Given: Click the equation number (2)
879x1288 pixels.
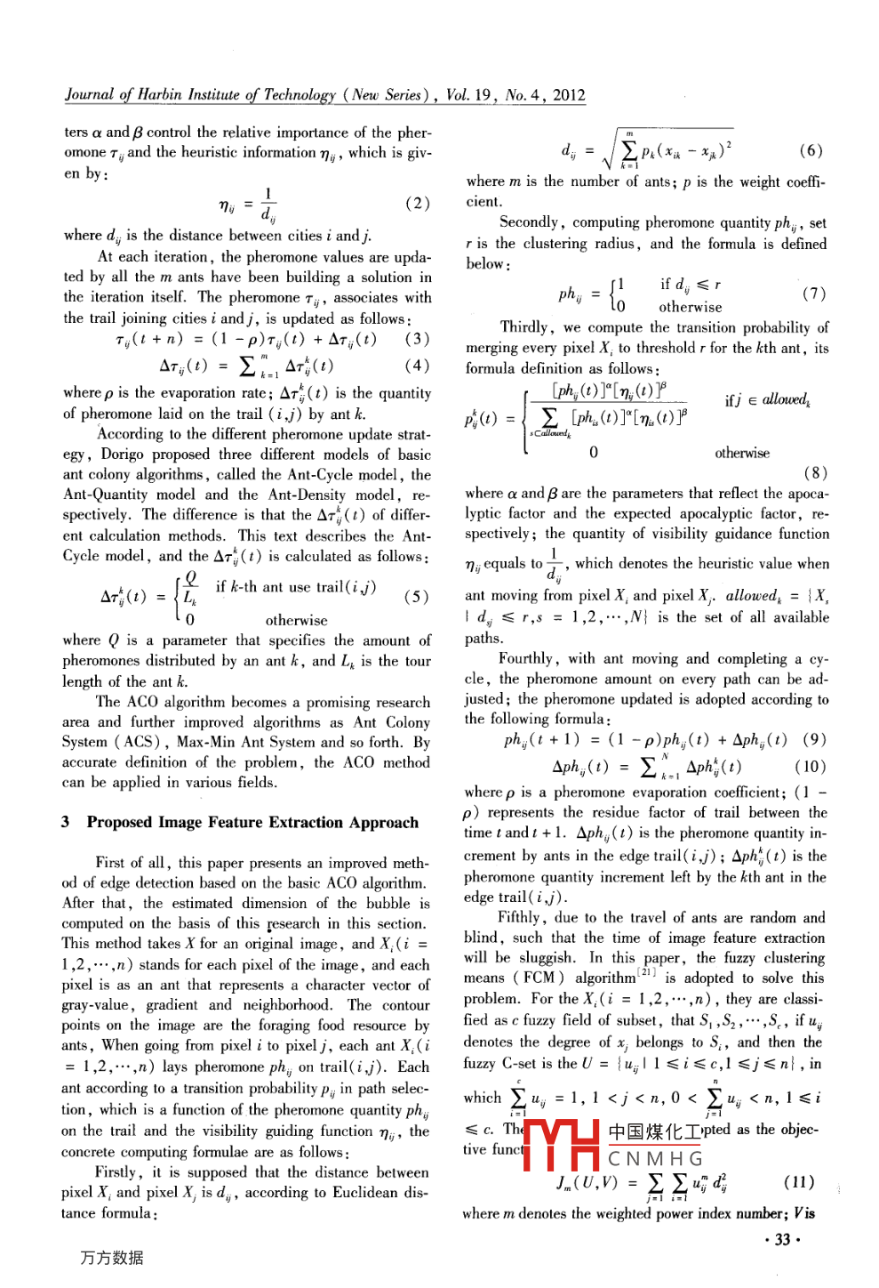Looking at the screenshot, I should [x=417, y=204].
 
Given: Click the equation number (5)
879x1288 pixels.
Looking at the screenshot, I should [x=416, y=597].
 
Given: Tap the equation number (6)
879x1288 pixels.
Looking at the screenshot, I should [x=810, y=150].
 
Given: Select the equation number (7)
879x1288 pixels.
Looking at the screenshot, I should [x=813, y=294].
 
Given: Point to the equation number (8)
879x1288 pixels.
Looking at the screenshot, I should [x=815, y=472].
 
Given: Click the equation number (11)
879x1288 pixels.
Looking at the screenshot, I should [x=799, y=1181].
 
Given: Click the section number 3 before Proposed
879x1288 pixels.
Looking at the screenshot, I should [x=66, y=822].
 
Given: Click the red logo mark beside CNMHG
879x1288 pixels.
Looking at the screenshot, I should [x=562, y=1144].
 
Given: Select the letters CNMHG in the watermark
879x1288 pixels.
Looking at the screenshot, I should [x=655, y=1159].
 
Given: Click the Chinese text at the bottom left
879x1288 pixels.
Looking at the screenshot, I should [x=111, y=1258].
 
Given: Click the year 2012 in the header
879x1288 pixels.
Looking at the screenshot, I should [x=569, y=95].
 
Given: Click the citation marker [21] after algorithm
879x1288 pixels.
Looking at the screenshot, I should [x=649, y=974].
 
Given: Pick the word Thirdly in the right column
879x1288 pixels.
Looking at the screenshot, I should [x=524, y=326].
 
